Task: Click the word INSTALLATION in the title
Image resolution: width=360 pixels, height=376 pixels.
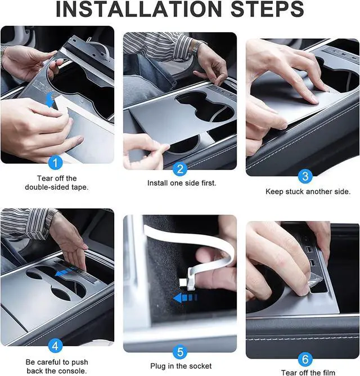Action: (139, 9)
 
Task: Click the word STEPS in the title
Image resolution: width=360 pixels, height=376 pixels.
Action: (267, 9)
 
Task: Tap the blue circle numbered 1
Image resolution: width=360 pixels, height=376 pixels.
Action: (55, 163)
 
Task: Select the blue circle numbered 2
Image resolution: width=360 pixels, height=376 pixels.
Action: (180, 169)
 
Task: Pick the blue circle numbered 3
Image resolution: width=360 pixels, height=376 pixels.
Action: (305, 177)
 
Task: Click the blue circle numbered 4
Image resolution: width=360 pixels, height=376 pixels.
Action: (55, 346)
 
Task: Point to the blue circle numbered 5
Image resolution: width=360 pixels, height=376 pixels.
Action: (180, 352)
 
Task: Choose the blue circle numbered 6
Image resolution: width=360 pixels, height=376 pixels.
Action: (305, 359)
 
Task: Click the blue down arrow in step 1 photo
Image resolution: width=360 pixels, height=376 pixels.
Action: (49, 100)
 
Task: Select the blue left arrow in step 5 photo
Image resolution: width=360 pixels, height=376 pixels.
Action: (185, 298)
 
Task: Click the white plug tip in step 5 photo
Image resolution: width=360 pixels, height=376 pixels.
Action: (183, 283)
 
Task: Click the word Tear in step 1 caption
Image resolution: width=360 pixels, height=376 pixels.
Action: (44, 178)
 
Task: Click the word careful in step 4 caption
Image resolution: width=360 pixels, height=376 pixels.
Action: (50, 362)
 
